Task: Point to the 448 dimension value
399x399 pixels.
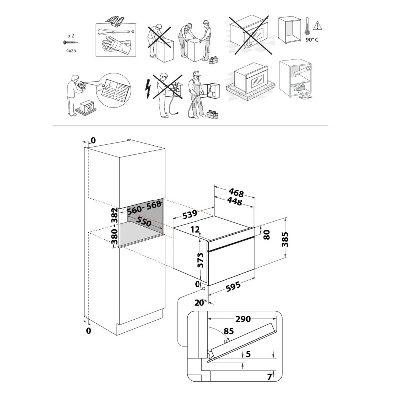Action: (233, 202)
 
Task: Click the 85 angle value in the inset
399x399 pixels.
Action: (229, 330)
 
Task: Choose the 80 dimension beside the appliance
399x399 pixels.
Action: (266, 235)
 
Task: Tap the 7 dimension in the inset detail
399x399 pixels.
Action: (269, 375)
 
